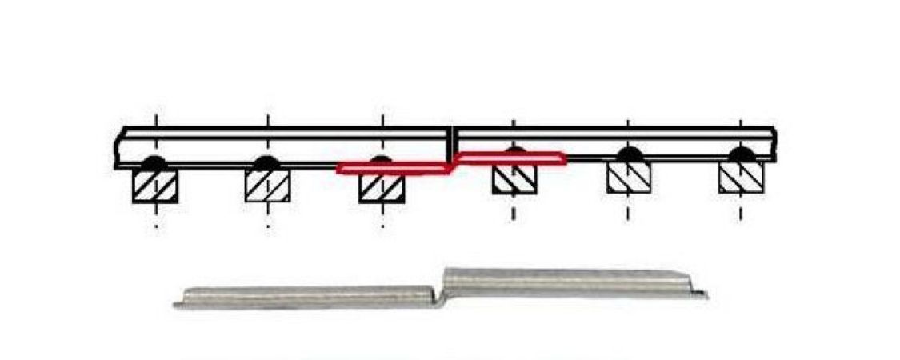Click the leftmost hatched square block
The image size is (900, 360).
pos(154,186)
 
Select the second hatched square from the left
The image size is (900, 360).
pos(267,186)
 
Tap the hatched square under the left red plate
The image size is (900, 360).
pos(382,187)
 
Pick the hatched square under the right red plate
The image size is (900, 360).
pos(514,180)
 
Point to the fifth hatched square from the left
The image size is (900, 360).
pos(628,178)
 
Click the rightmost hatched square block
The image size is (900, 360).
pos(741,178)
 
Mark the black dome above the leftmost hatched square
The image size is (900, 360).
pos(154,162)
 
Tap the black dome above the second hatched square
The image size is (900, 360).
pos(267,162)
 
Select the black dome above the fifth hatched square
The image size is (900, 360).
pos(628,154)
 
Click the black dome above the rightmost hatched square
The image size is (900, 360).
pos(741,154)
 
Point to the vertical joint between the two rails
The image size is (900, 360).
pos(451,144)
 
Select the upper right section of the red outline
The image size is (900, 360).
pos(512,158)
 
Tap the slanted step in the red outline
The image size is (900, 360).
pos(452,163)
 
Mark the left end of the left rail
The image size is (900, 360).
pos(118,148)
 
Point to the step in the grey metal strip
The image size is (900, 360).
pos(440,289)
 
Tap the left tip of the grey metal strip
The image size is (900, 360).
pos(176,305)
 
